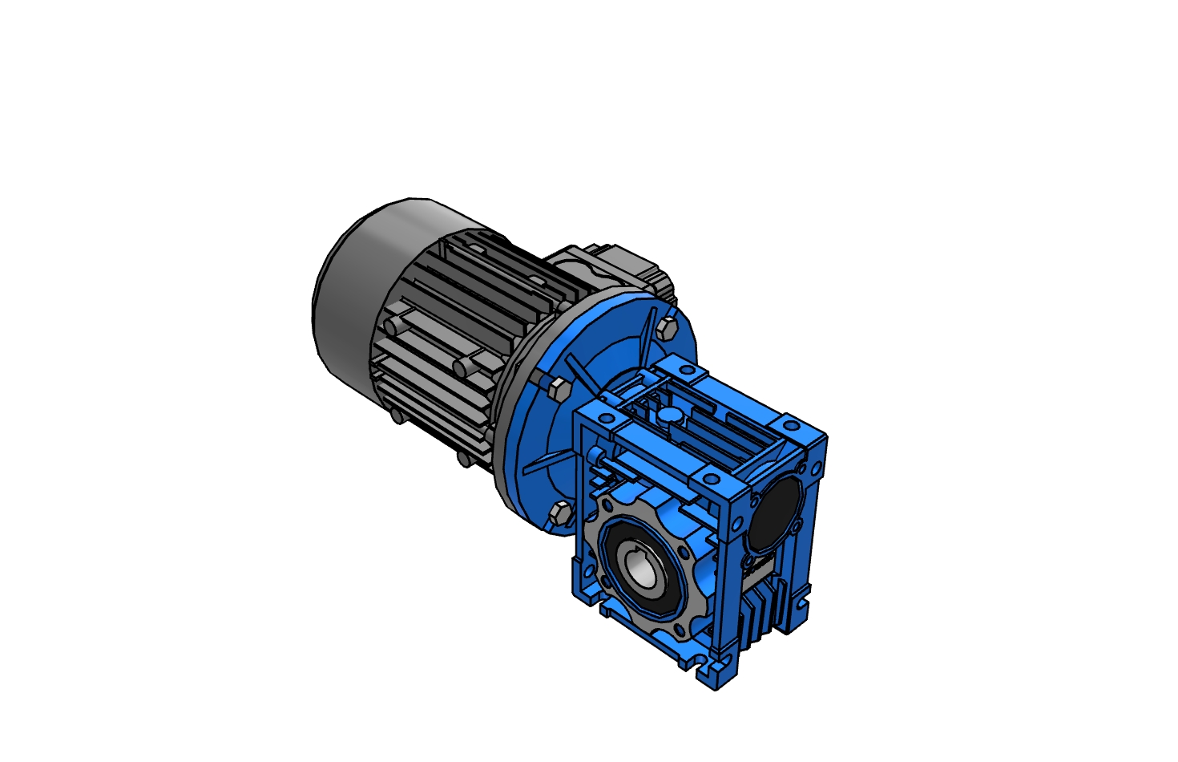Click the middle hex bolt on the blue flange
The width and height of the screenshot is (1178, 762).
click(x=558, y=390)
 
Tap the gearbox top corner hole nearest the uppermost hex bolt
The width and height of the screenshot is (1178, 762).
click(x=686, y=371)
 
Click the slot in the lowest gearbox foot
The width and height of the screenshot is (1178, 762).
click(x=708, y=666)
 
